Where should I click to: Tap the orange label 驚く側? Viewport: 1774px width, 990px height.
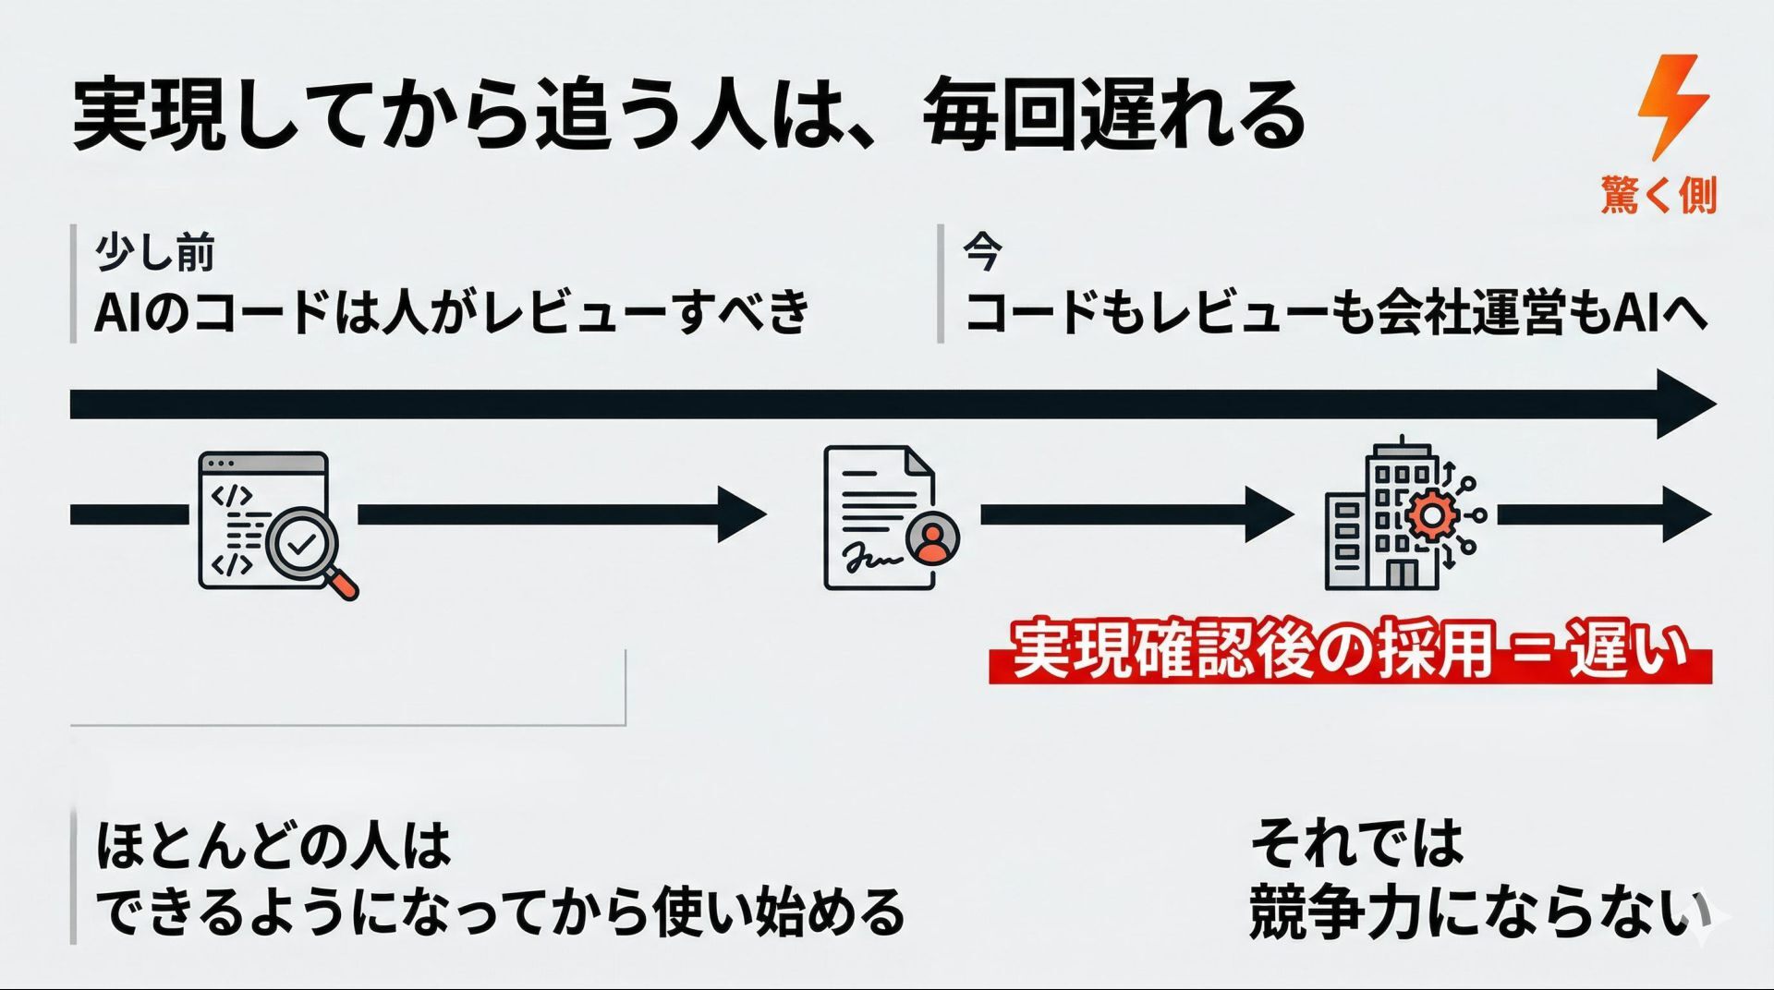point(1659,195)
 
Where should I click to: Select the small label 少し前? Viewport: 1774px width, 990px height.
point(155,252)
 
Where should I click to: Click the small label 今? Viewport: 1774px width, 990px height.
point(982,250)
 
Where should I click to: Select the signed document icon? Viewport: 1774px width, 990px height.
point(880,518)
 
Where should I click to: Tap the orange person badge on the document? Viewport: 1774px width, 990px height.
point(933,538)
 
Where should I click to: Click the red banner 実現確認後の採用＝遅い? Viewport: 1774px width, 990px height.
point(1349,652)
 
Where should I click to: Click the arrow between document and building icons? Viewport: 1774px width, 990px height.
point(1136,514)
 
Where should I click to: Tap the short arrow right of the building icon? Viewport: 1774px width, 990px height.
point(1603,514)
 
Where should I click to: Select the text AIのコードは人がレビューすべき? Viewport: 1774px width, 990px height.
point(452,311)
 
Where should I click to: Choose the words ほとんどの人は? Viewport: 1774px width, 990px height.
point(273,845)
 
